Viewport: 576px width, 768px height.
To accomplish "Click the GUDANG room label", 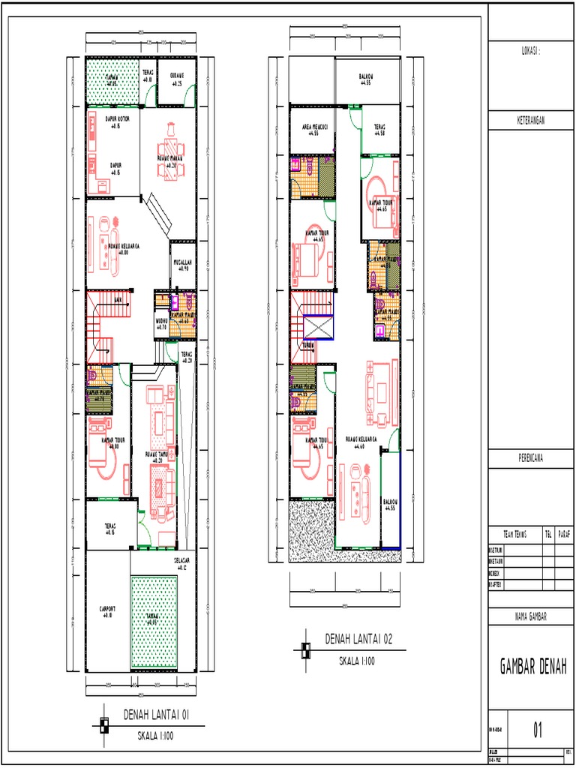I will (x=178, y=78).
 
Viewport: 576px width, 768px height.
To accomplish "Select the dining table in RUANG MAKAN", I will (x=170, y=159).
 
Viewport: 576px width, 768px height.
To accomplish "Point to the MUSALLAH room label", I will (x=184, y=265).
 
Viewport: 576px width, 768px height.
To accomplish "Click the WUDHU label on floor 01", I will (x=161, y=324).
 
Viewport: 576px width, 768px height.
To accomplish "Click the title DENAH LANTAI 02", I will (x=358, y=639).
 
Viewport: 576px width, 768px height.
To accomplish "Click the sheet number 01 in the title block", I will (x=537, y=730).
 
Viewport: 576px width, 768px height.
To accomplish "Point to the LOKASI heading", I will (x=530, y=50).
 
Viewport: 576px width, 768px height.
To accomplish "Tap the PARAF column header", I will (x=564, y=534).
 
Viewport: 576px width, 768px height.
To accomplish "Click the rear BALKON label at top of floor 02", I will (x=367, y=78).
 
